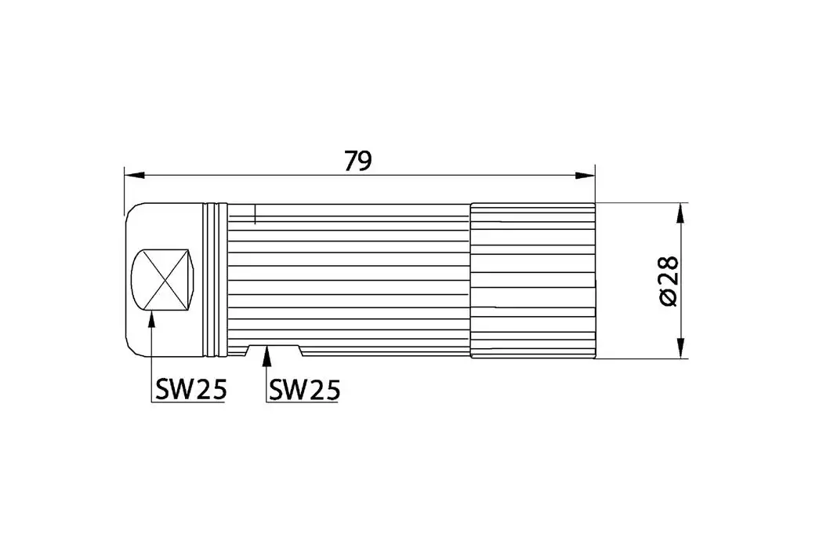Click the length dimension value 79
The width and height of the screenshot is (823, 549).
pyautogui.click(x=358, y=160)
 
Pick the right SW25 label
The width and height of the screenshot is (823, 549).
pyautogui.click(x=305, y=389)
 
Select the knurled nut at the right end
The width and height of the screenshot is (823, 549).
pyautogui.click(x=532, y=281)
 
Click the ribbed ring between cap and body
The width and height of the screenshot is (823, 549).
pyautogui.click(x=215, y=281)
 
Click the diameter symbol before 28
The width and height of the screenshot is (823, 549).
pyautogui.click(x=668, y=298)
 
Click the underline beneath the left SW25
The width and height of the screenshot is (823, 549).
pyautogui.click(x=188, y=403)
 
